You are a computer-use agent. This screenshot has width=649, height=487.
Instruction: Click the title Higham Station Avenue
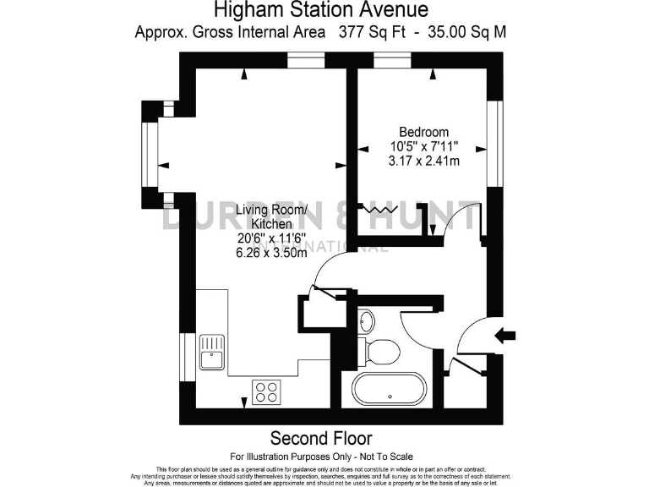click(320, 10)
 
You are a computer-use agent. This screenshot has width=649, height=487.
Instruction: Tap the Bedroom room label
click(423, 132)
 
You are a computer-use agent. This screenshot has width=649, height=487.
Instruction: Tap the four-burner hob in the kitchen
click(267, 391)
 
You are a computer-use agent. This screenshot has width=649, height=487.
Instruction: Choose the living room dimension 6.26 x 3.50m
click(270, 252)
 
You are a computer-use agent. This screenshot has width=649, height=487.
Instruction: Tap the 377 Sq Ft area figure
click(368, 33)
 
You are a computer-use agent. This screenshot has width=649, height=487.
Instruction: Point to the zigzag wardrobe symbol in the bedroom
click(379, 207)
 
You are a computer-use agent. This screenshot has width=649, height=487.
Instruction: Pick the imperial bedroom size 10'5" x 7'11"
click(423, 146)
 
